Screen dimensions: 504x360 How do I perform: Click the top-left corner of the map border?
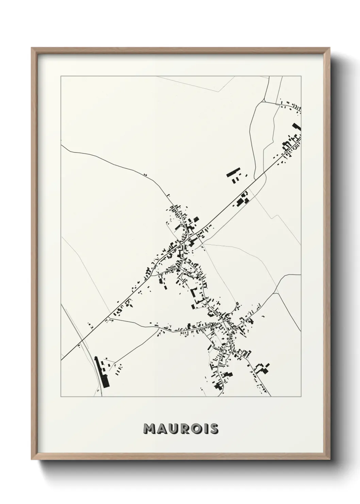click(x=61, y=77)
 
